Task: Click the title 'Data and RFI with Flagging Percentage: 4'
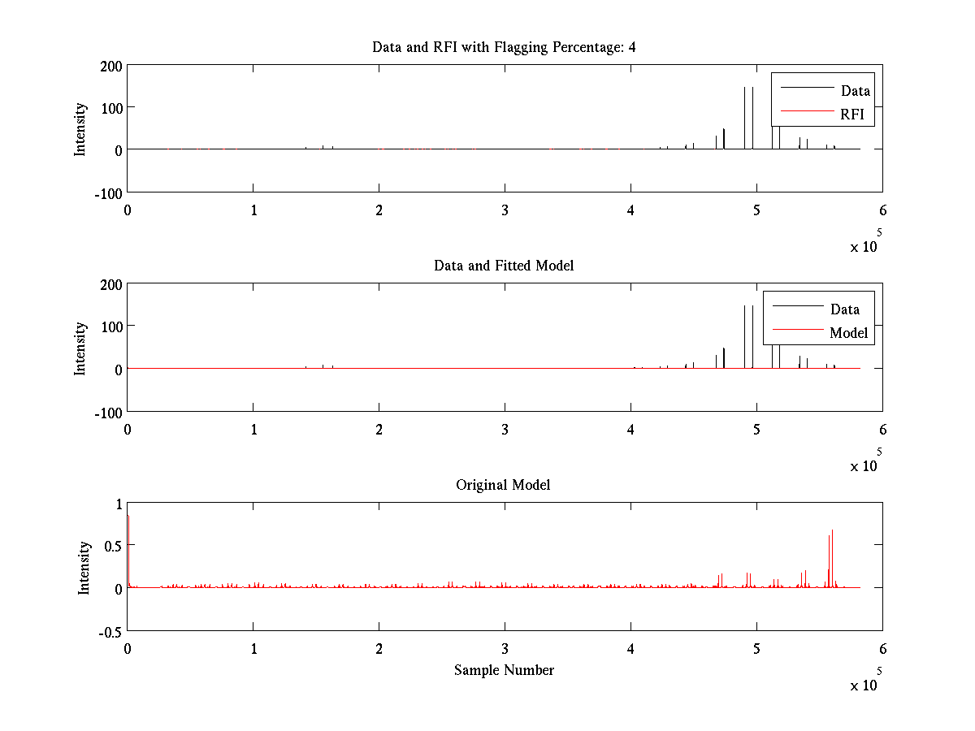click(x=504, y=47)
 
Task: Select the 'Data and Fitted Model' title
click(x=504, y=266)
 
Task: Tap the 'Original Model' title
click(x=503, y=485)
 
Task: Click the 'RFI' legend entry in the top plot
click(x=852, y=115)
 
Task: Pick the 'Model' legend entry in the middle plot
click(x=848, y=333)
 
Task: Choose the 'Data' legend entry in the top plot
click(x=855, y=91)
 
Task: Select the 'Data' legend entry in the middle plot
click(x=845, y=309)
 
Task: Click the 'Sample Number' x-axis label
click(x=504, y=670)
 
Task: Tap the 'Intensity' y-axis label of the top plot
click(x=80, y=129)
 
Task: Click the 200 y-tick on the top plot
click(x=111, y=66)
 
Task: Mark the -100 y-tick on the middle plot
click(x=108, y=412)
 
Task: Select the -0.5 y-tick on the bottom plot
click(x=110, y=631)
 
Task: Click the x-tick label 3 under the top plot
click(x=505, y=210)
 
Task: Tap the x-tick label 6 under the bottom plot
click(x=882, y=649)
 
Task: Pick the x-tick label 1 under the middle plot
click(x=253, y=429)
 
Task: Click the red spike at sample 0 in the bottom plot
click(x=128, y=552)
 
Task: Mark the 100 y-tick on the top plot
click(x=111, y=108)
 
